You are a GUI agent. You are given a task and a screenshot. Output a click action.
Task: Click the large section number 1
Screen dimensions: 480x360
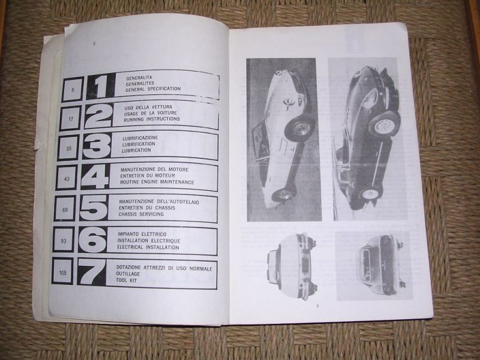(100, 86)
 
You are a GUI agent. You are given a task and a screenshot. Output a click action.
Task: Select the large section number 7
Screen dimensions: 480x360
(91, 272)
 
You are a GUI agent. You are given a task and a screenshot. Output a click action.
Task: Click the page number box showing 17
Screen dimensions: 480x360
(71, 118)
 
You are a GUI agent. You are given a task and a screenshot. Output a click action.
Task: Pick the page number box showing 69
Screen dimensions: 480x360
(65, 209)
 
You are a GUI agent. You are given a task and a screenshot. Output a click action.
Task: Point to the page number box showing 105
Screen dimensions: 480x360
(63, 272)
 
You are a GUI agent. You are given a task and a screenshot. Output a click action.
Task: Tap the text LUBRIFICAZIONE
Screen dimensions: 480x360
(140, 138)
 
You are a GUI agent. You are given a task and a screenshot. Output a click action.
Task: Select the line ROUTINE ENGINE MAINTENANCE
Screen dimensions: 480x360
(157, 182)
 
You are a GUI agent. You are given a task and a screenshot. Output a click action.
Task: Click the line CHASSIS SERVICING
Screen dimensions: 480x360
(141, 214)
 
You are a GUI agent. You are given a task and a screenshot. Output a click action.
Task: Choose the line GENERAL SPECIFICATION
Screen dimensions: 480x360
(153, 89)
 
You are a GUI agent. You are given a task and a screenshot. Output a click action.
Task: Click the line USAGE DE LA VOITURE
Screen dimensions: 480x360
(151, 113)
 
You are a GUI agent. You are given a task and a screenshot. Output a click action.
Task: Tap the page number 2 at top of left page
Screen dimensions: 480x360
(94, 44)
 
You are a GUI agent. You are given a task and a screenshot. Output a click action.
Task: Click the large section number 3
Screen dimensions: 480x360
(97, 146)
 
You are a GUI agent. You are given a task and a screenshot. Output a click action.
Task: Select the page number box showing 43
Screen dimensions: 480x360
(67, 179)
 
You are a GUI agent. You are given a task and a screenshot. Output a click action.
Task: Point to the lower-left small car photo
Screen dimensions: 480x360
(293, 266)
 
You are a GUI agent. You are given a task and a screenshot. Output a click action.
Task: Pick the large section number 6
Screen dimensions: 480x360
(93, 239)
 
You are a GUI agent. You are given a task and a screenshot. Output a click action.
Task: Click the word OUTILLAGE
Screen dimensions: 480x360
(128, 274)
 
